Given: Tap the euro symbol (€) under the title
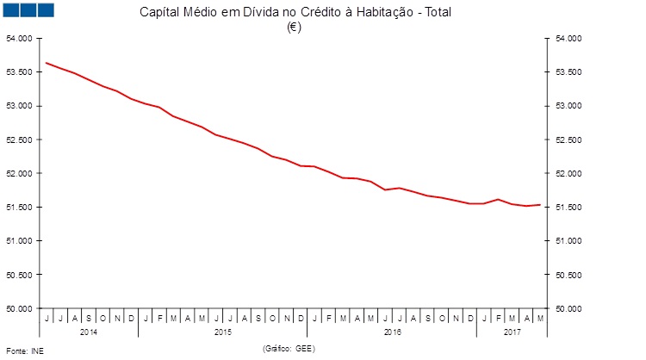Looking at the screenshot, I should pyautogui.click(x=294, y=27).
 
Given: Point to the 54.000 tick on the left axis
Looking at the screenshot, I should pyautogui.click(x=19, y=39).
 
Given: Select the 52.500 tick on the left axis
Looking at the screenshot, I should pyautogui.click(x=19, y=140).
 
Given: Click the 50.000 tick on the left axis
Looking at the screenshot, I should pyautogui.click(x=19, y=308).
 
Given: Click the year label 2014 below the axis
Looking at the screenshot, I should pyautogui.click(x=89, y=332).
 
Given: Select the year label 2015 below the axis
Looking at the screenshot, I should pyautogui.click(x=222, y=332).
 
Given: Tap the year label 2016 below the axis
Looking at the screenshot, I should pyautogui.click(x=392, y=332).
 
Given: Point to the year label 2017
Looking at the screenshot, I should pyautogui.click(x=512, y=332).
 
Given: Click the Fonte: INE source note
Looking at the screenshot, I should pyautogui.click(x=24, y=351).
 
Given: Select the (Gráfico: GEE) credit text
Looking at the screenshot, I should pyautogui.click(x=289, y=348).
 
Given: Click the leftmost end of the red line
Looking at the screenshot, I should pyautogui.click(x=46, y=63).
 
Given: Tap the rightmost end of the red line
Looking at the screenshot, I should pyautogui.click(x=540, y=204).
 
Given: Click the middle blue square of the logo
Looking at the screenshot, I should pyautogui.click(x=27, y=9).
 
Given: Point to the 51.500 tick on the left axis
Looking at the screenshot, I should pyautogui.click(x=19, y=208).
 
